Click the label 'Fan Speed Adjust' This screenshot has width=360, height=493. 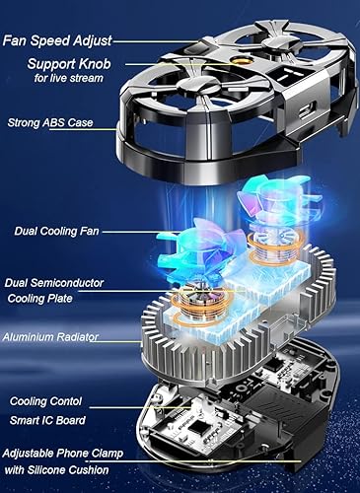58,40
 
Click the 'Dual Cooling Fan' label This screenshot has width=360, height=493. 50,232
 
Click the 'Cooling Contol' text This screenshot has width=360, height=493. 48,401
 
